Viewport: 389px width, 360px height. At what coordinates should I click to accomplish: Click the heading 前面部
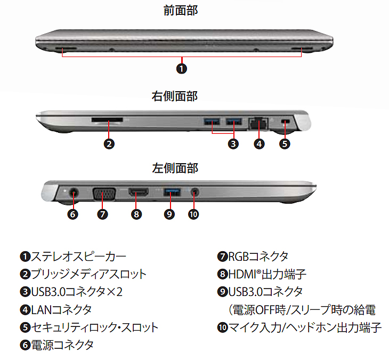[x=181, y=10]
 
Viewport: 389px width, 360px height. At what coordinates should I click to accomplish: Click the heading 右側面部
[x=174, y=97]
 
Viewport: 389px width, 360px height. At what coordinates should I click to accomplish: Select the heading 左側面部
[x=174, y=168]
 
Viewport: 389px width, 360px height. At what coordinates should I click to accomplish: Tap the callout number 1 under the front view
[x=182, y=69]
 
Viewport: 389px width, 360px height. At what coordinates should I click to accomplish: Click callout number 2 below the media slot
[x=109, y=143]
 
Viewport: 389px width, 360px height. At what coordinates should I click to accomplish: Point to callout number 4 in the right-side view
[x=259, y=143]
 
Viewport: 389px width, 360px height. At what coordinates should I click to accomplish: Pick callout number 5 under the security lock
[x=285, y=143]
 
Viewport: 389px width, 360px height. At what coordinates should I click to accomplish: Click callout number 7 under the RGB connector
[x=103, y=214]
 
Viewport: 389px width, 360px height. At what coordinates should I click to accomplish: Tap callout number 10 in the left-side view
[x=193, y=214]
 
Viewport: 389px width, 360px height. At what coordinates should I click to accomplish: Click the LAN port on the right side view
[x=258, y=123]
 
